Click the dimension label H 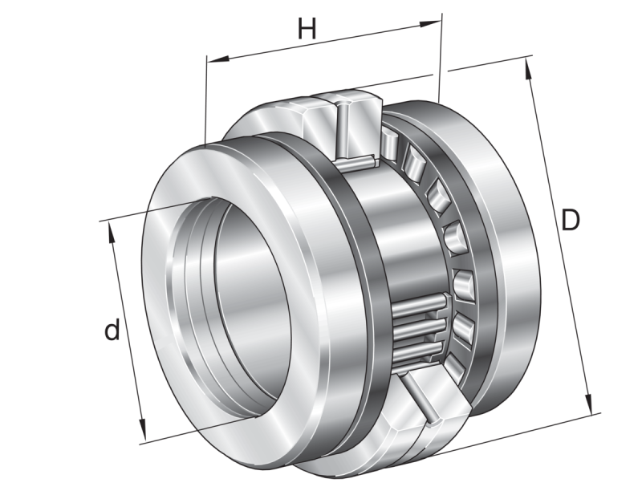[x=307, y=28]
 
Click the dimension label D [x=571, y=220]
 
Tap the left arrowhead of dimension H [x=217, y=60]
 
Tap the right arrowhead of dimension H [x=430, y=23]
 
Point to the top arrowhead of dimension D [x=528, y=69]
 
